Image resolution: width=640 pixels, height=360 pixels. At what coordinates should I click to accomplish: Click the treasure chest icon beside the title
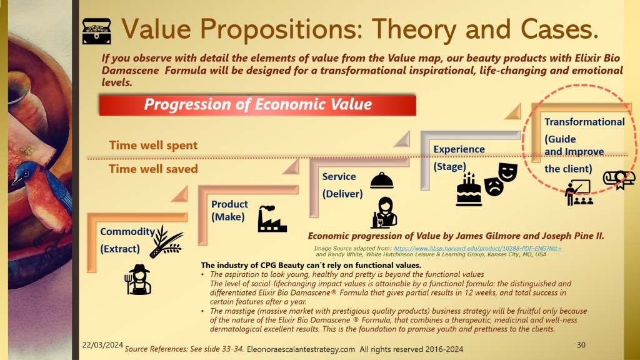97,31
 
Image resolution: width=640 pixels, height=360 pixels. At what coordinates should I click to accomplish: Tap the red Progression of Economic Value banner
257,105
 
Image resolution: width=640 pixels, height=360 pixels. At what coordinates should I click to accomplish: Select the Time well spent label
153,145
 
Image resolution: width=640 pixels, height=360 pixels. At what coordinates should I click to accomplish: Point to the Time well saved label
153,169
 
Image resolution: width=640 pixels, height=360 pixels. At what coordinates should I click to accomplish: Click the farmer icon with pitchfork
138,279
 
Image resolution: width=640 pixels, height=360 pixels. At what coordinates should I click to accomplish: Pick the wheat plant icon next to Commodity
166,242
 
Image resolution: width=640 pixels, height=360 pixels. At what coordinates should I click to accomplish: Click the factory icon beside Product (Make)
272,219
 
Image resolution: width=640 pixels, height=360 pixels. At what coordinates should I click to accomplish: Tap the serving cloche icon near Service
382,181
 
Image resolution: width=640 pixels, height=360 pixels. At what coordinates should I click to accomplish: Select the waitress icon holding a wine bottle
384,212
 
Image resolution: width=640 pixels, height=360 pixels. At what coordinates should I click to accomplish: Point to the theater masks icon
501,179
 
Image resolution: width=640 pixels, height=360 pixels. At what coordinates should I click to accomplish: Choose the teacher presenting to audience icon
578,192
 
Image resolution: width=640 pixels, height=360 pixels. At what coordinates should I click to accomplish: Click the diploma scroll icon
619,179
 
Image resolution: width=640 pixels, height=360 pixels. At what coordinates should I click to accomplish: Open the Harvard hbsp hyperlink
477,248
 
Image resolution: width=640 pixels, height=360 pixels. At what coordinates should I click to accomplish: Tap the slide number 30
581,345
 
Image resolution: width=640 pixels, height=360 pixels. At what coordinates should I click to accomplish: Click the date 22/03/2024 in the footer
102,345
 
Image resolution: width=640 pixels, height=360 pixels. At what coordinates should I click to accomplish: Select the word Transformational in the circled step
584,122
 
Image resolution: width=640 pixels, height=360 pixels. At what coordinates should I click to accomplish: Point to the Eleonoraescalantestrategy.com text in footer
301,349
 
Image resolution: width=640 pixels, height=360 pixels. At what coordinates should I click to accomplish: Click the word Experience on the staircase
459,149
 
